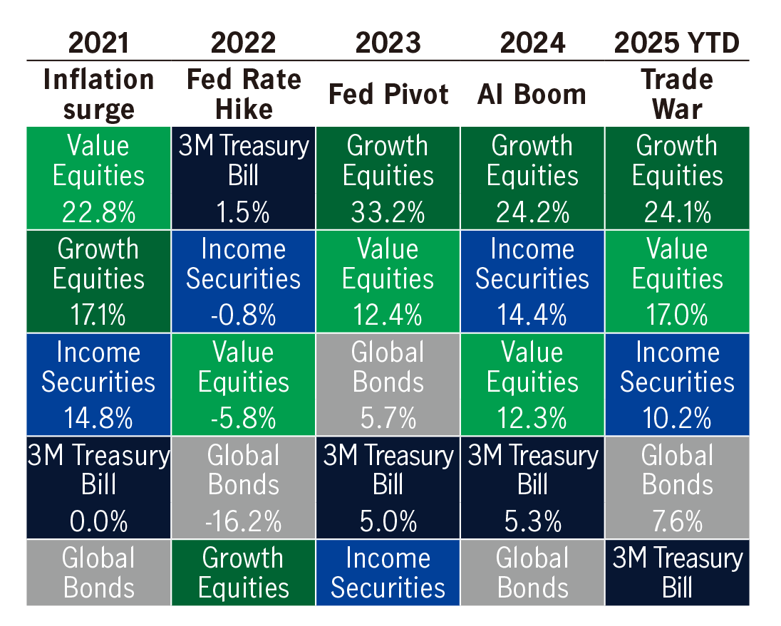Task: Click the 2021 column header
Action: pos(98,43)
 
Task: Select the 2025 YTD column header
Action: pos(676,43)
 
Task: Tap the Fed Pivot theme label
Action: pos(388,94)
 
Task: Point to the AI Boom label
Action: pos(532,94)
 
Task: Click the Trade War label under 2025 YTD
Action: pos(676,94)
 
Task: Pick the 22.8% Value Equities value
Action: pos(98,212)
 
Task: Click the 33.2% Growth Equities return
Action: pos(388,212)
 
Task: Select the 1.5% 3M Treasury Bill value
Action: pos(243,212)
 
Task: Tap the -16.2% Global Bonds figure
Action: pos(243,521)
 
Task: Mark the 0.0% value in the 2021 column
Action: pos(98,521)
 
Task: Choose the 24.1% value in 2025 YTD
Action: pos(676,212)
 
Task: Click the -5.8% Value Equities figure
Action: pos(243,418)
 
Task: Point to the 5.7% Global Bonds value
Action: pos(388,418)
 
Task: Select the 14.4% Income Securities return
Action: pos(532,315)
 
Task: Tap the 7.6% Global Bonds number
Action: pos(676,521)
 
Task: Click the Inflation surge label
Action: pos(98,94)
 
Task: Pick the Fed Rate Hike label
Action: pos(243,94)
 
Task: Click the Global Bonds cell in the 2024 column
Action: pos(532,573)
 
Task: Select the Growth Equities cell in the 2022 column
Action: pos(243,573)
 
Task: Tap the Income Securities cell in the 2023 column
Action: pos(388,573)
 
